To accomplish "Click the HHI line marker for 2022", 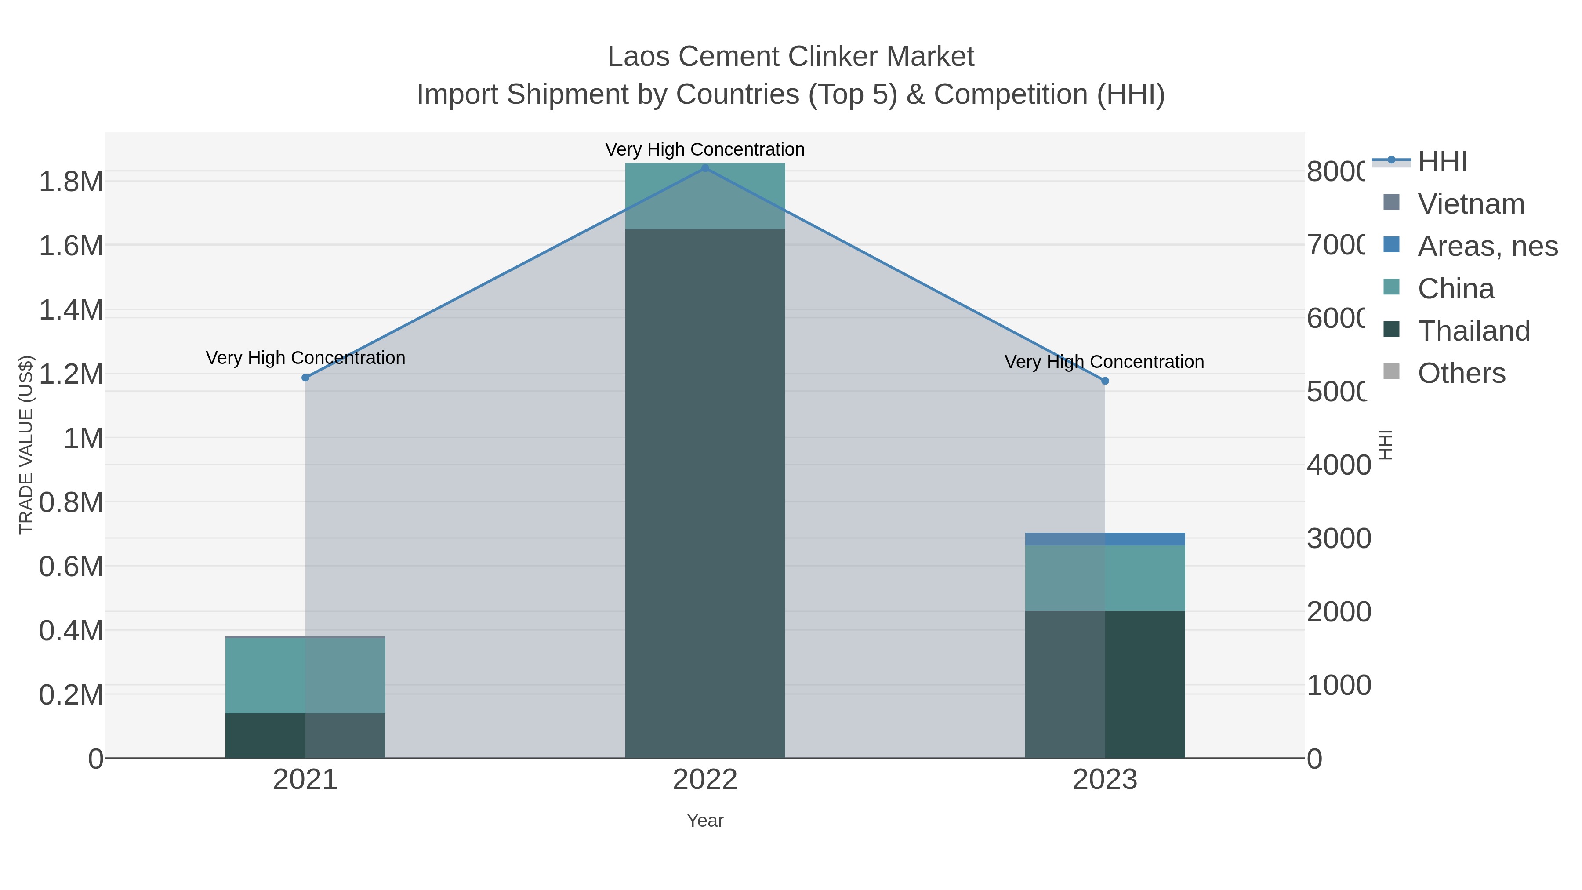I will pyautogui.click(x=705, y=168).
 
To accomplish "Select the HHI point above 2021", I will pyautogui.click(x=305, y=378).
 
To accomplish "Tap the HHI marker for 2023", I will pyautogui.click(x=1105, y=381).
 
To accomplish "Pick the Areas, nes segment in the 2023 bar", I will pyautogui.click(x=1105, y=539).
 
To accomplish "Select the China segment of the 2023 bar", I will pyautogui.click(x=1105, y=578).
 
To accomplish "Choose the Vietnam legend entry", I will pyautogui.click(x=1471, y=204).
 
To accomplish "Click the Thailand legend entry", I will pyautogui.click(x=1473, y=331).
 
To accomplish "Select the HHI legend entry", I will pyautogui.click(x=1442, y=162).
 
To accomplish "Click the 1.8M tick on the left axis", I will pyautogui.click(x=71, y=182).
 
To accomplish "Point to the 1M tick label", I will pyautogui.click(x=83, y=439).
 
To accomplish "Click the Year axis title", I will pyautogui.click(x=705, y=821).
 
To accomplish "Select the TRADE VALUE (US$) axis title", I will pyautogui.click(x=26, y=445).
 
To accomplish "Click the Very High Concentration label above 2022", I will pyautogui.click(x=705, y=149).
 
